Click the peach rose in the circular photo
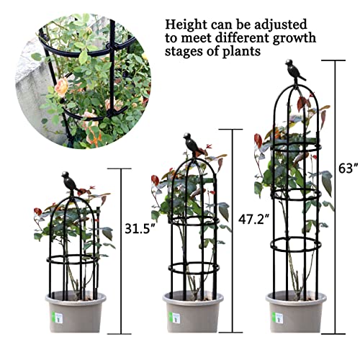pos(62,88)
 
